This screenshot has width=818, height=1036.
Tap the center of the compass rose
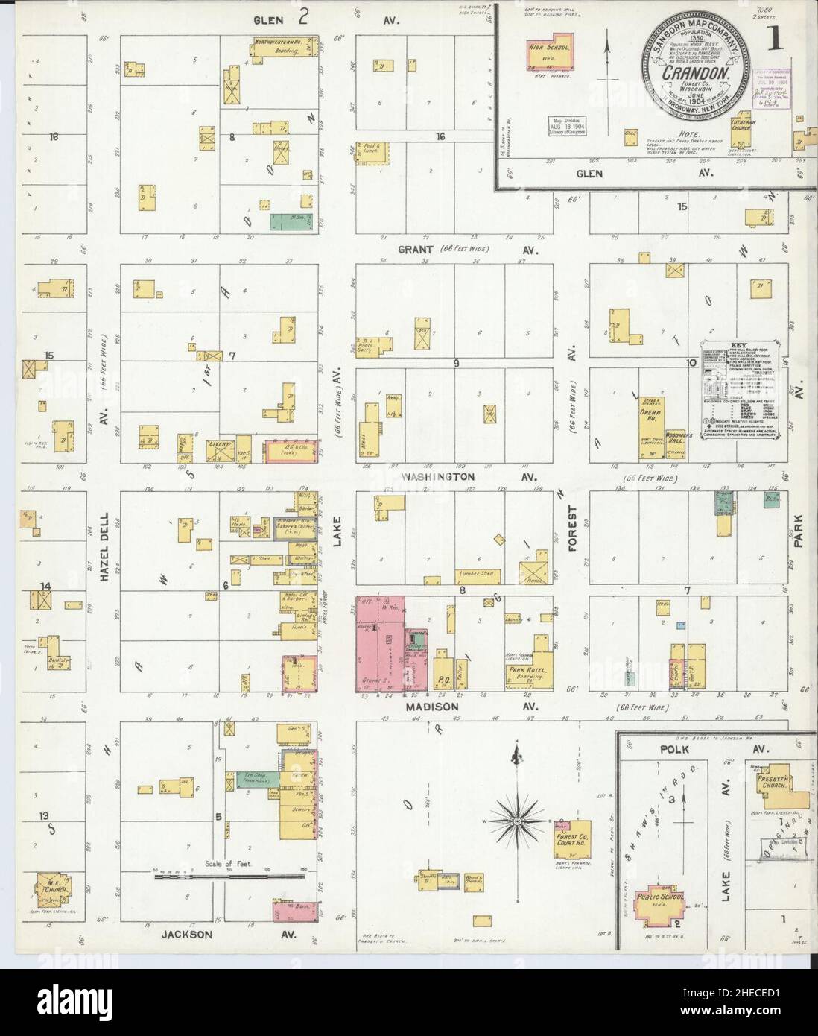click(x=516, y=821)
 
